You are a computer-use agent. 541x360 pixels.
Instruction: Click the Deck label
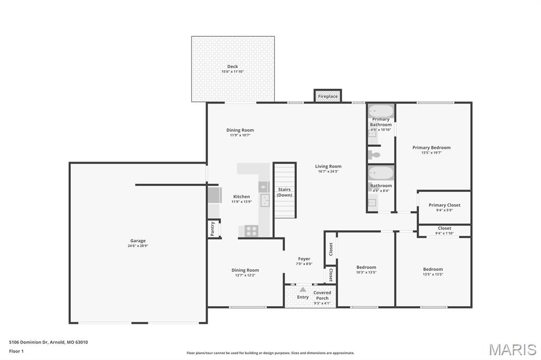click(232, 67)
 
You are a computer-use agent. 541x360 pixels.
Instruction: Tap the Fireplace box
click(328, 97)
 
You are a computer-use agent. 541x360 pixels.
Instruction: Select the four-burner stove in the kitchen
click(251, 231)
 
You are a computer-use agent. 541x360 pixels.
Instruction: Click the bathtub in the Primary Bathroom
click(381, 111)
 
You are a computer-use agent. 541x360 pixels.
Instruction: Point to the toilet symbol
click(374, 155)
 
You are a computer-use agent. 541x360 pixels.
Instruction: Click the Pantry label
click(212, 229)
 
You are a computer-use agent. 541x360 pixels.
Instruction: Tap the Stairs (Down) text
click(284, 192)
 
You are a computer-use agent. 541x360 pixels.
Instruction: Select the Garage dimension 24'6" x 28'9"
click(138, 246)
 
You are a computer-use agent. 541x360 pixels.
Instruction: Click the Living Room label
click(328, 166)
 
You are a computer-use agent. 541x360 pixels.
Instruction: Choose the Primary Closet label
click(444, 205)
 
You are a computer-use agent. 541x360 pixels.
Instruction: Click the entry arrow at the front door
click(303, 289)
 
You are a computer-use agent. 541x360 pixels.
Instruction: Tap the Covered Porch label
click(322, 295)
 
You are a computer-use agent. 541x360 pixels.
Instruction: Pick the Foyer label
click(304, 259)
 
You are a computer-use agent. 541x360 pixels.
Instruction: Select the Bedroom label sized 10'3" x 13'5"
click(366, 267)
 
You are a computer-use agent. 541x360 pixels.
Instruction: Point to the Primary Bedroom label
click(432, 148)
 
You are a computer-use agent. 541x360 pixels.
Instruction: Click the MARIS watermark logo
click(512, 349)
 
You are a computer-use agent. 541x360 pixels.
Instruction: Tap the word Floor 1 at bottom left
click(16, 351)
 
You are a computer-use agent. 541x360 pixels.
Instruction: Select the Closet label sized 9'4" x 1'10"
click(444, 228)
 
